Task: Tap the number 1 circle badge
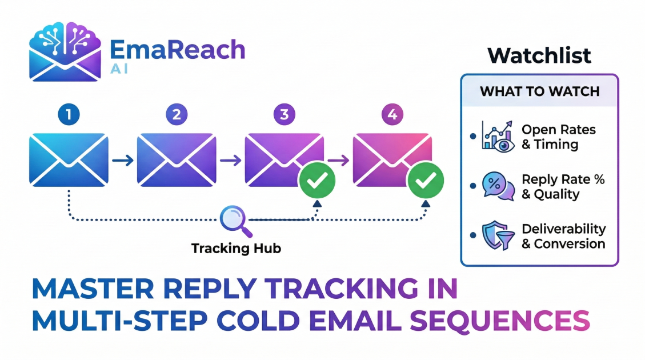coord(69,115)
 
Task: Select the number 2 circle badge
coord(177,115)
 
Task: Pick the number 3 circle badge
coord(285,115)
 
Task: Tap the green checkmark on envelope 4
coord(425,182)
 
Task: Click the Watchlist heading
coord(539,56)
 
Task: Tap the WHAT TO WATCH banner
coord(539,91)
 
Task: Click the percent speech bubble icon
coord(498,186)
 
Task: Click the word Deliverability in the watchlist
coord(563,229)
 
